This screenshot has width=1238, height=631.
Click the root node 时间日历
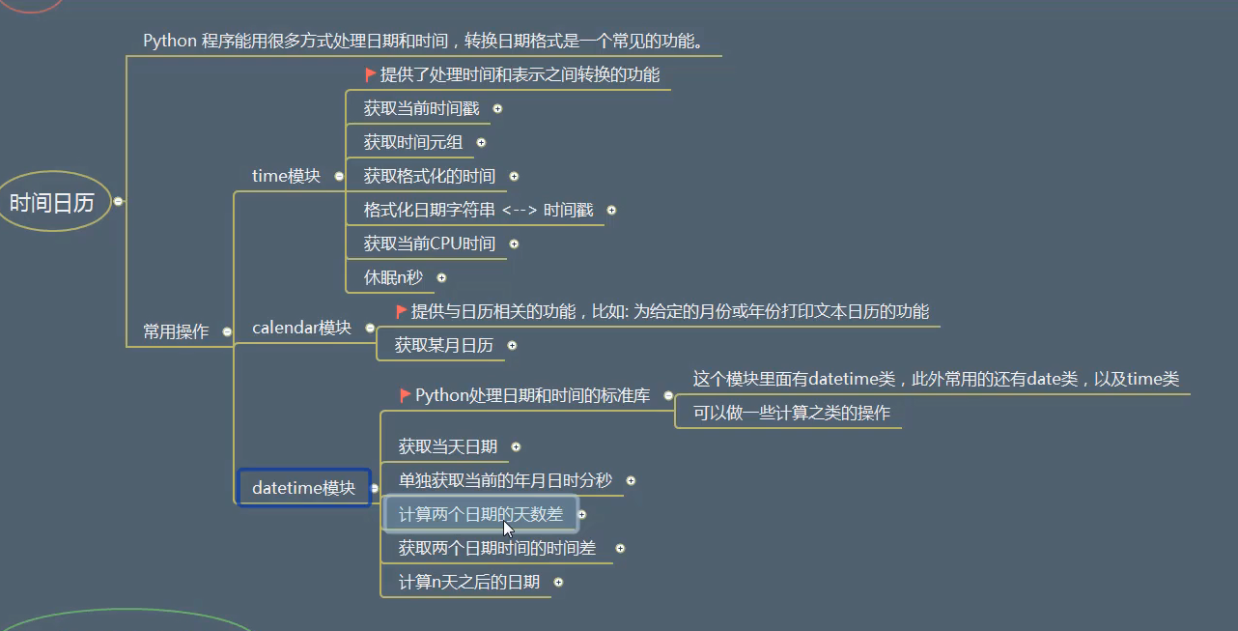pyautogui.click(x=52, y=202)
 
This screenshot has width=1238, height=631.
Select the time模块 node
pyautogui.click(x=286, y=176)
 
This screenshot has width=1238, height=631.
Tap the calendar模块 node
pyautogui.click(x=301, y=328)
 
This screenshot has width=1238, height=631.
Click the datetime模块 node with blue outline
pyautogui.click(x=303, y=488)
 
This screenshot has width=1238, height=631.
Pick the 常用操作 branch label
pyautogui.click(x=176, y=331)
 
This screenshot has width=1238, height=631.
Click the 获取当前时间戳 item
pyautogui.click(x=421, y=108)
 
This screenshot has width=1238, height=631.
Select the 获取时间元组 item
pyautogui.click(x=413, y=142)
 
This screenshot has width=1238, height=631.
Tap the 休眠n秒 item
pyautogui.click(x=393, y=277)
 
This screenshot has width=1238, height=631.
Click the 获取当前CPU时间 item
pyautogui.click(x=429, y=244)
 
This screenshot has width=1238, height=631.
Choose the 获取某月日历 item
pyautogui.click(x=443, y=345)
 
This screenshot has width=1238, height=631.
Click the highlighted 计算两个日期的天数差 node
pyautogui.click(x=480, y=514)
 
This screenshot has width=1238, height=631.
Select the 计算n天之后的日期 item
pyautogui.click(x=468, y=582)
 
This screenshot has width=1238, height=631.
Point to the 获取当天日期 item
pyautogui.click(x=448, y=446)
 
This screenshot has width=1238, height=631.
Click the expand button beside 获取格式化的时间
pyautogui.click(x=514, y=176)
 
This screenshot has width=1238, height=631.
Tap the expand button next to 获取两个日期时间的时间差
pyautogui.click(x=620, y=548)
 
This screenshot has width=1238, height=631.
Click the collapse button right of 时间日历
pyautogui.click(x=118, y=201)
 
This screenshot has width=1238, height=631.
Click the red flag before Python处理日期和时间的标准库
pyautogui.click(x=406, y=395)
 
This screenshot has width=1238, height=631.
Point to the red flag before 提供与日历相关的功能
pyautogui.click(x=402, y=311)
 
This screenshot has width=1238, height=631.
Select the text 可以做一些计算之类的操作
pyautogui.click(x=792, y=413)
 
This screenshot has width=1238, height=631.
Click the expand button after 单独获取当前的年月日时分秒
pyautogui.click(x=631, y=480)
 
